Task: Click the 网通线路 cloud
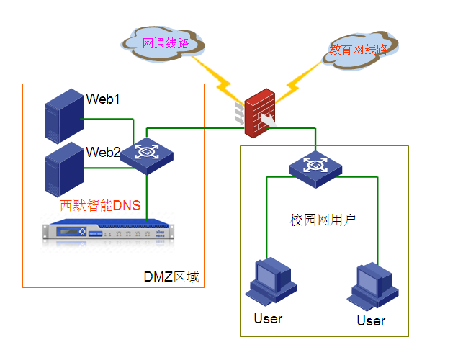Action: pyautogui.click(x=165, y=43)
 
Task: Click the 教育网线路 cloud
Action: pyautogui.click(x=359, y=50)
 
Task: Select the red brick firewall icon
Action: pyautogui.click(x=259, y=114)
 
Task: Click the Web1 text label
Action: pyautogui.click(x=102, y=99)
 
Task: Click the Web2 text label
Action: pyautogui.click(x=102, y=152)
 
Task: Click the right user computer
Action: pyautogui.click(x=373, y=286)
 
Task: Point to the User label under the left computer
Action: pyautogui.click(x=268, y=318)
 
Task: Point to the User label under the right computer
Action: pyautogui.click(x=371, y=320)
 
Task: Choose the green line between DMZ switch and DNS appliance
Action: pyautogui.click(x=147, y=194)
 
